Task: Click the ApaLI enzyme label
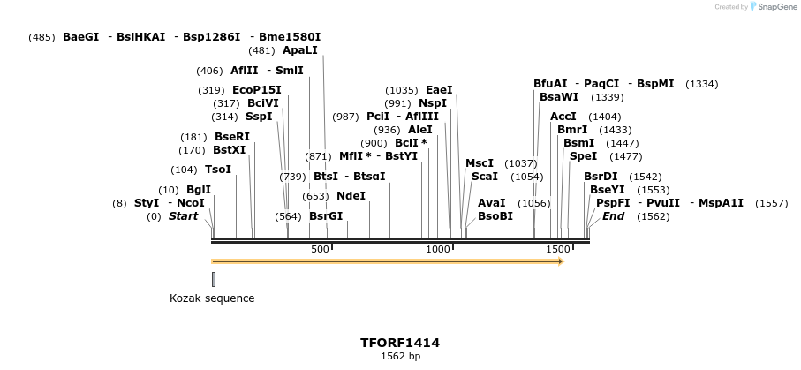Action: pos(299,50)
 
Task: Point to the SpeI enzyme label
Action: pos(583,156)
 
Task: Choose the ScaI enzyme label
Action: pos(485,177)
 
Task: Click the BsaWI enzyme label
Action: pos(559,97)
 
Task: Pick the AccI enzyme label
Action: pos(563,117)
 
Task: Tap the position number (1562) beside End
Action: pos(654,216)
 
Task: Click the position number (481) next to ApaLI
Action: pos(262,50)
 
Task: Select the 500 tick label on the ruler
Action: pos(321,250)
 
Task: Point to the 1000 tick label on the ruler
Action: pos(439,250)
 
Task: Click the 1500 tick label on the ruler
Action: pos(558,250)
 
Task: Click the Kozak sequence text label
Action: pos(212,298)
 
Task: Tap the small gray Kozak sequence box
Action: pos(214,279)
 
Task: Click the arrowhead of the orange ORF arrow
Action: pos(560,261)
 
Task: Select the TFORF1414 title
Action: pos(400,343)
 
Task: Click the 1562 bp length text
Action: pos(400,357)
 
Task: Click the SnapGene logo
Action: pos(775,7)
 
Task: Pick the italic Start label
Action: pos(183,216)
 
